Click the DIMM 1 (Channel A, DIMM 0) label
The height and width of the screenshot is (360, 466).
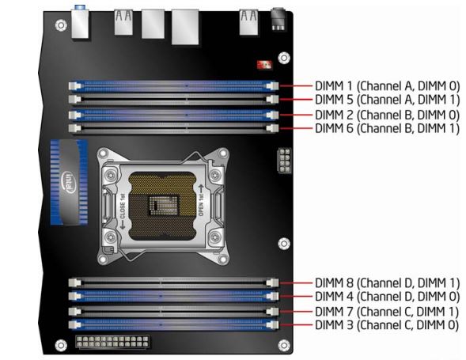[x=387, y=86]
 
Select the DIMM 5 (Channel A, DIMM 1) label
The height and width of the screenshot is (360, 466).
[x=387, y=100]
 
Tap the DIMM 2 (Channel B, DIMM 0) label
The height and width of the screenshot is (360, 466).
[x=387, y=115]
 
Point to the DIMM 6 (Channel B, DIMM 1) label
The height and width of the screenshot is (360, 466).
[x=387, y=128]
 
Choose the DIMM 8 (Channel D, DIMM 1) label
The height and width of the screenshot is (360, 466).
[x=387, y=282]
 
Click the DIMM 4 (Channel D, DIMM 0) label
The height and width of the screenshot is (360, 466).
[x=387, y=297]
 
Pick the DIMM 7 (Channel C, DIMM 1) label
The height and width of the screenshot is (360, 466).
[x=387, y=312]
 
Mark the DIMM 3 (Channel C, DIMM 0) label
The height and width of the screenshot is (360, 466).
[x=387, y=325]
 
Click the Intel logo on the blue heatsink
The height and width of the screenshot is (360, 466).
[x=69, y=182]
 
